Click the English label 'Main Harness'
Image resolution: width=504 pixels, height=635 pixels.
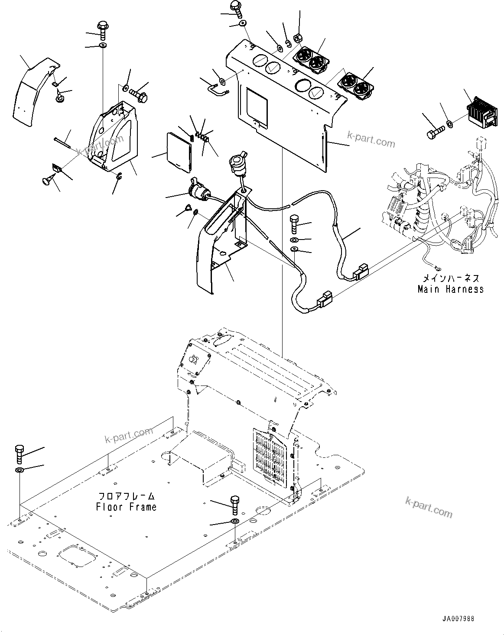[450, 289]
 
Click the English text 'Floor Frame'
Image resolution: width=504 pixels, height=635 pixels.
[126, 506]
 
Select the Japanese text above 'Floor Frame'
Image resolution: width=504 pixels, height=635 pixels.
[126, 496]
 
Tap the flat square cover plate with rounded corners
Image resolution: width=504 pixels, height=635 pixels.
[179, 149]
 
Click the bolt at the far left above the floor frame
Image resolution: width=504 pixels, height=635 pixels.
[20, 454]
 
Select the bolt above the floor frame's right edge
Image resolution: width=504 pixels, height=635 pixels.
[234, 503]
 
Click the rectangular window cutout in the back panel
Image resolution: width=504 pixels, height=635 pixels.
[257, 104]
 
